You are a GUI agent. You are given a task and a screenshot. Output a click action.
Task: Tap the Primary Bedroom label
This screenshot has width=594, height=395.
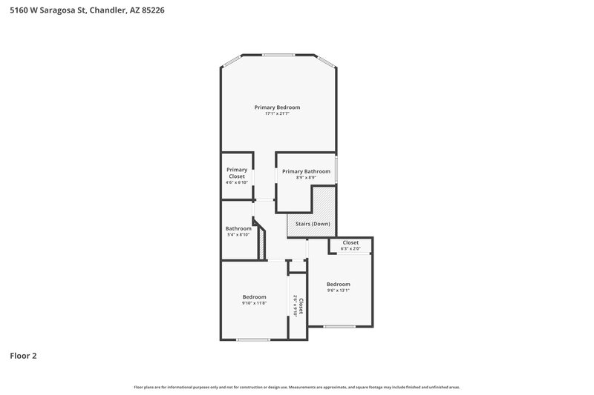coord(277,107)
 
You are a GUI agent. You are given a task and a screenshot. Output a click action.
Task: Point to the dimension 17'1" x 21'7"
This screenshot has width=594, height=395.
coord(277,113)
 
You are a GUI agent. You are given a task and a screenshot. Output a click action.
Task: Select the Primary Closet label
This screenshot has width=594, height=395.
coord(237,173)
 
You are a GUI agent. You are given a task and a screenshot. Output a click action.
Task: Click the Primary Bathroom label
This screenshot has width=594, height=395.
coord(306,171)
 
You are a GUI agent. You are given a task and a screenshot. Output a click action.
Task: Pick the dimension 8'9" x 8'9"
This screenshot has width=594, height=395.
coord(306,177)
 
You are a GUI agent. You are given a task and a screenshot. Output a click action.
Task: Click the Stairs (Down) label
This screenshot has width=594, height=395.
coord(311,223)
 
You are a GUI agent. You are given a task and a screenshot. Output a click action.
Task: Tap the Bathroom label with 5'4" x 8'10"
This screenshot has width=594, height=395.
coord(238,228)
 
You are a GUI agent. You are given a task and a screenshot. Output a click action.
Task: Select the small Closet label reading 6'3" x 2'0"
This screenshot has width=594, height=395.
coord(350,242)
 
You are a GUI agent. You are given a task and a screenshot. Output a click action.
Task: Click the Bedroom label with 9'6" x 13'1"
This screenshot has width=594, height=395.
coord(339,284)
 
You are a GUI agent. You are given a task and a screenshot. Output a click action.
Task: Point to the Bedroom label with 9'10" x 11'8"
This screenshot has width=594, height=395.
coord(254,297)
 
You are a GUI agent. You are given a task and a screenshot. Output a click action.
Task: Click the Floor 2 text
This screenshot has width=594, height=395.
coord(23,356)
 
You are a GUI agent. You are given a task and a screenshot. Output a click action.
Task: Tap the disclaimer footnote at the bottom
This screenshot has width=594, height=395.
coord(297,387)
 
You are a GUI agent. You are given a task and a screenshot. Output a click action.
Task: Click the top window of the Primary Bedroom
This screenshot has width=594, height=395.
coord(277,54)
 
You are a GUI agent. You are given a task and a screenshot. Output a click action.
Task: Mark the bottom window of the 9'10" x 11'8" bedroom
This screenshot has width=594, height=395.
coord(253,340)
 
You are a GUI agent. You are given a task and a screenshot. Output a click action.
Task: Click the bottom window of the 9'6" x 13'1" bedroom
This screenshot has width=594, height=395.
coord(339,327)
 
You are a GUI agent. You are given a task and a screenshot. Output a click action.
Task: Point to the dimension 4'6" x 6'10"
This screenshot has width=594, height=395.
coord(237,182)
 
